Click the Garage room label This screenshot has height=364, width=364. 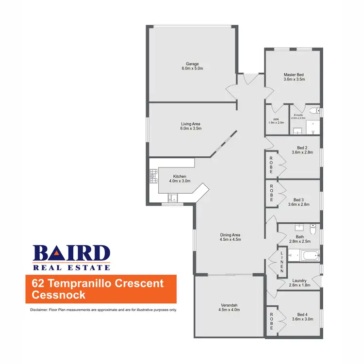click(x=192, y=64)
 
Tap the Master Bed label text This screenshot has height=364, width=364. click(x=294, y=75)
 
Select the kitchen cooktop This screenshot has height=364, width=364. click(x=154, y=175)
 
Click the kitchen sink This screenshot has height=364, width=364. click(x=173, y=198)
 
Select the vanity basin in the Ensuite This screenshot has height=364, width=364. click(x=297, y=130)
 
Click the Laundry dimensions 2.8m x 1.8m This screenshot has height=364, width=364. click(x=299, y=286)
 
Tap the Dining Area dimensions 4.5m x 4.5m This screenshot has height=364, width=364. click(x=230, y=239)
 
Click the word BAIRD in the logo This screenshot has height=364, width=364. click(x=71, y=253)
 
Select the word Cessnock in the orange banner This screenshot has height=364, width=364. click(x=58, y=295)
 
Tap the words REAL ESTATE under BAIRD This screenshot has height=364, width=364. click(x=71, y=267)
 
